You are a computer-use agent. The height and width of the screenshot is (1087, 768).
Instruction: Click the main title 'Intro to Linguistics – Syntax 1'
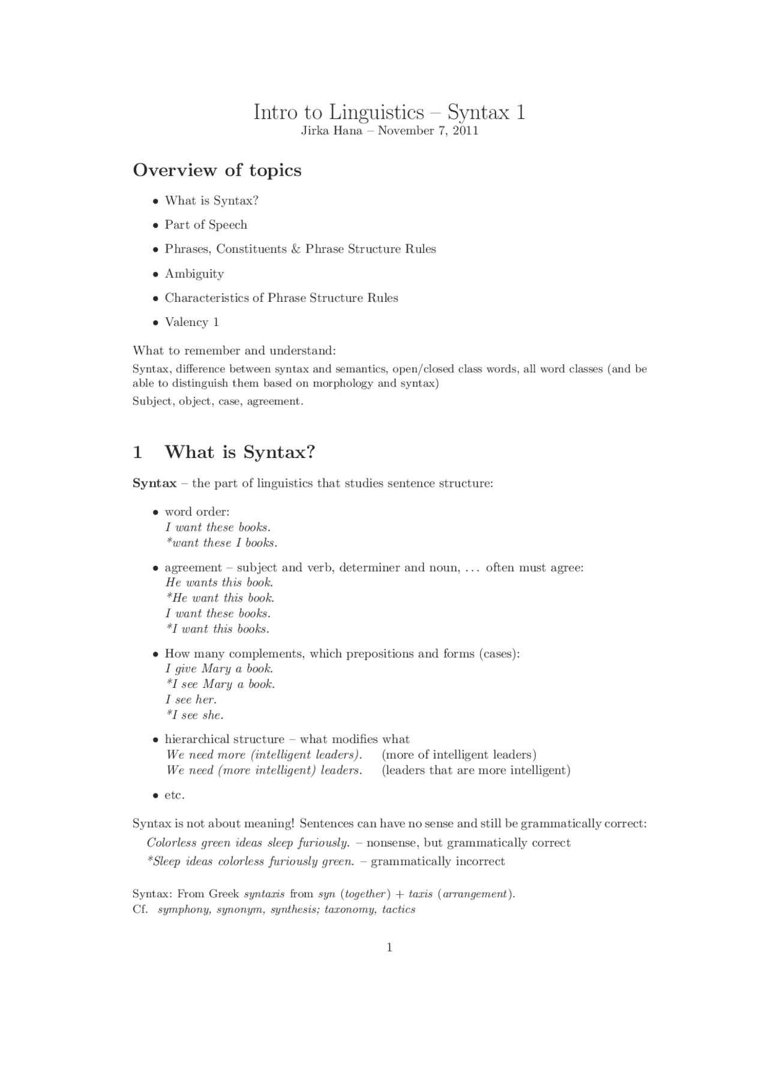coord(389,112)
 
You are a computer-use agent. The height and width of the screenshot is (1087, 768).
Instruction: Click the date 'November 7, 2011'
coord(428,131)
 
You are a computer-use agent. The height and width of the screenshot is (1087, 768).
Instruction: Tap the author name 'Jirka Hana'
coord(331,131)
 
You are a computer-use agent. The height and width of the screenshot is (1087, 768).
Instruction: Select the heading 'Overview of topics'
coord(217,170)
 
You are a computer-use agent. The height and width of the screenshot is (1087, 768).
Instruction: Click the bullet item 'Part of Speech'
coord(206,225)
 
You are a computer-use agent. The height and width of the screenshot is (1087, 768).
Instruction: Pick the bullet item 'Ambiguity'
coord(194,274)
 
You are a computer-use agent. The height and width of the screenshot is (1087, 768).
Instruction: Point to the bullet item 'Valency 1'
coord(192,322)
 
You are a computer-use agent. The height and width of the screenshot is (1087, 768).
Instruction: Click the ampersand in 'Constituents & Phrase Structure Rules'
coord(295,249)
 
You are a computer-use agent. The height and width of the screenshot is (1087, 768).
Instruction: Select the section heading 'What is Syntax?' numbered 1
coord(239,452)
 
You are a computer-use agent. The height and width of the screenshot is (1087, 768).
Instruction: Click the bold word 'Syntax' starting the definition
coord(154,483)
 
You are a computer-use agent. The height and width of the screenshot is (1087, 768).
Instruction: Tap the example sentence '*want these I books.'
coord(221,543)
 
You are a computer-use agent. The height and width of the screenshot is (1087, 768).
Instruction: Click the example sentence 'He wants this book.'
coord(219,583)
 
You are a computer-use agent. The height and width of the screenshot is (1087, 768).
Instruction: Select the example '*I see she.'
coord(194,715)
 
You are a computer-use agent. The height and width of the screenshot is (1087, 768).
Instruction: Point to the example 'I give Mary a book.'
coord(219,669)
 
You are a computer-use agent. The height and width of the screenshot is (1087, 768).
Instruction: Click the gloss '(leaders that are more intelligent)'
coord(476,770)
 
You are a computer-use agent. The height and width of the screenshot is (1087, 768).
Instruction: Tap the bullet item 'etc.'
coord(175,795)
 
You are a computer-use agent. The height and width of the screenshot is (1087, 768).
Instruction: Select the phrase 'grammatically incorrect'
coord(437,862)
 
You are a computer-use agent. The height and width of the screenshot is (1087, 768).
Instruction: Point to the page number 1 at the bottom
coord(389,948)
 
